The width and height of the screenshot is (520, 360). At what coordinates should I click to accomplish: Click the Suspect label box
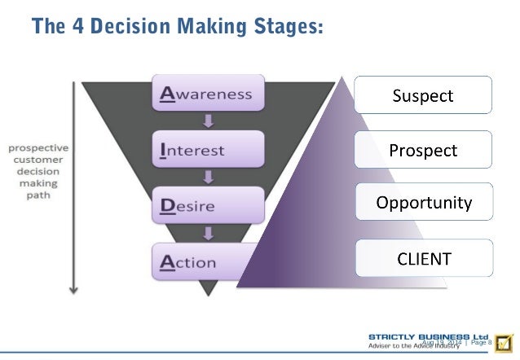[x=422, y=95]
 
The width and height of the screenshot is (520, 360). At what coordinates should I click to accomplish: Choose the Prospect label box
[x=422, y=150]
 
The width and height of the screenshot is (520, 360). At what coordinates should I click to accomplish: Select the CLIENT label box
[x=422, y=259]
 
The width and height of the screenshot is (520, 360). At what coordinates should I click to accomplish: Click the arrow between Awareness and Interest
[x=209, y=122]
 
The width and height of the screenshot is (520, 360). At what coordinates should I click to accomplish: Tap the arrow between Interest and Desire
[x=209, y=178]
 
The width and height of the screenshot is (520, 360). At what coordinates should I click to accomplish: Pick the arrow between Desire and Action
[x=209, y=234]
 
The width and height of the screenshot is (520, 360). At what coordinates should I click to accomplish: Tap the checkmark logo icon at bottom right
[x=504, y=341]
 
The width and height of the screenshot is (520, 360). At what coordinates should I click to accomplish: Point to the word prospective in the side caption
[x=38, y=148]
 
